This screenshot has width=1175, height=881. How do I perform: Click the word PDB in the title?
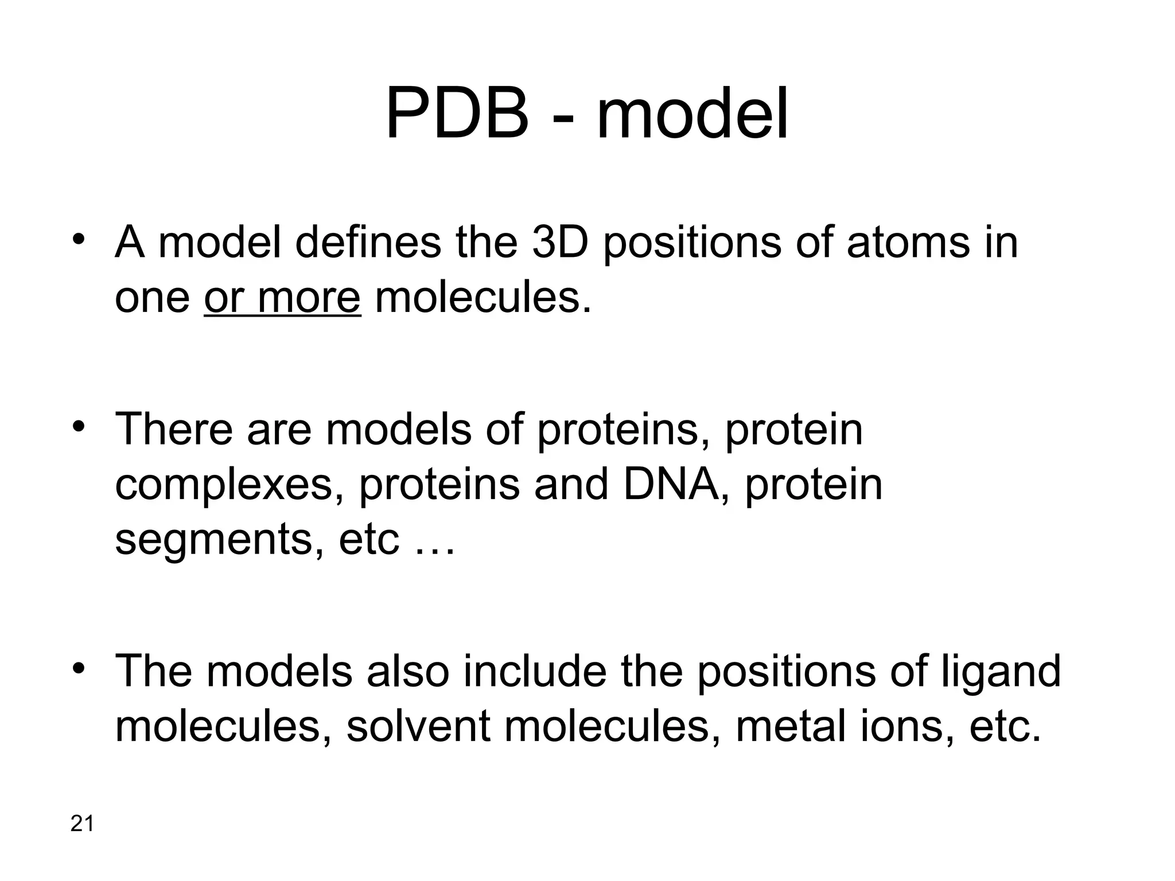[457, 114]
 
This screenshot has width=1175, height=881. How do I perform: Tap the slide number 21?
[81, 824]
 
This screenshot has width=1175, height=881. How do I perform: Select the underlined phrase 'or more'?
[282, 298]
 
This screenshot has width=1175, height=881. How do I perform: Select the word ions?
[905, 726]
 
